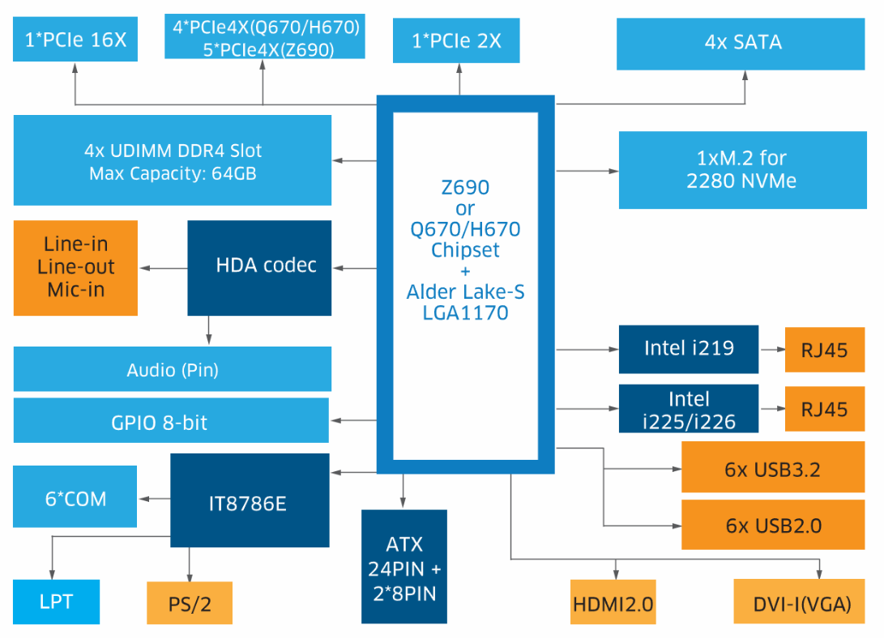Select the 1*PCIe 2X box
tap(456, 40)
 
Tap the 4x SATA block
tap(743, 42)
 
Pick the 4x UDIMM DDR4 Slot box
tap(173, 161)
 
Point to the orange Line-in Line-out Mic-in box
tap(75, 267)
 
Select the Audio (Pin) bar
tap(173, 370)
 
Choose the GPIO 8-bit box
tap(171, 421)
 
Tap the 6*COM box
tap(75, 498)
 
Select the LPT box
tap(56, 602)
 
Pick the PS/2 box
tap(190, 604)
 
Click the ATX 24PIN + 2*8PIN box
tap(404, 568)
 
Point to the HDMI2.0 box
tap(613, 602)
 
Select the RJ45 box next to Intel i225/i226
tap(825, 409)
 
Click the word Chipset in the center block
tap(465, 249)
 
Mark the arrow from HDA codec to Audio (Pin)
tap(209, 329)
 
